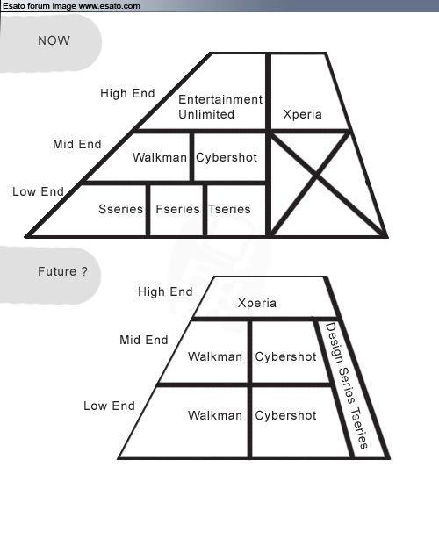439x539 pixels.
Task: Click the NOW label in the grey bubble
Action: pos(54,40)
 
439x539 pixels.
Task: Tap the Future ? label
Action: pos(62,271)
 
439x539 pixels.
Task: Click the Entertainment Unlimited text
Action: pos(220,106)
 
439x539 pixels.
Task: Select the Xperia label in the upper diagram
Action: pos(303,114)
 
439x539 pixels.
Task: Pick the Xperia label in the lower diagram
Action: pos(257,303)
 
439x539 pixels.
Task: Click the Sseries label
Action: pos(120,209)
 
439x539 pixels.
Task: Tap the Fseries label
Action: pos(177,209)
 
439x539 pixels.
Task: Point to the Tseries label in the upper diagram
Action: pos(230,209)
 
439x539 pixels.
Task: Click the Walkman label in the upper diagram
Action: pos(160,157)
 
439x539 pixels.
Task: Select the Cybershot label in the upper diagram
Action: pos(227,157)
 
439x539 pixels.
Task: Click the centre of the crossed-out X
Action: pos(316,176)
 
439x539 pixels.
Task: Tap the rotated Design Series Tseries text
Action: pos(346,385)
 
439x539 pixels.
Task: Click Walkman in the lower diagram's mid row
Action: pos(215,356)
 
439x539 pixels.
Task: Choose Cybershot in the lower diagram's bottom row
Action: pos(285,415)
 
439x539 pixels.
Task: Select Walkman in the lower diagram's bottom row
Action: pos(215,415)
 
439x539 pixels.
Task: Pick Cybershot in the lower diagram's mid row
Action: pos(285,356)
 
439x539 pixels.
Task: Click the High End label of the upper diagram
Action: pos(127,93)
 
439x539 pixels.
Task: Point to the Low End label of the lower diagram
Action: pos(110,406)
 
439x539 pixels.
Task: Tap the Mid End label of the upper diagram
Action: pos(77,144)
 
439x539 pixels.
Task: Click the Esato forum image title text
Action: pos(71,6)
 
